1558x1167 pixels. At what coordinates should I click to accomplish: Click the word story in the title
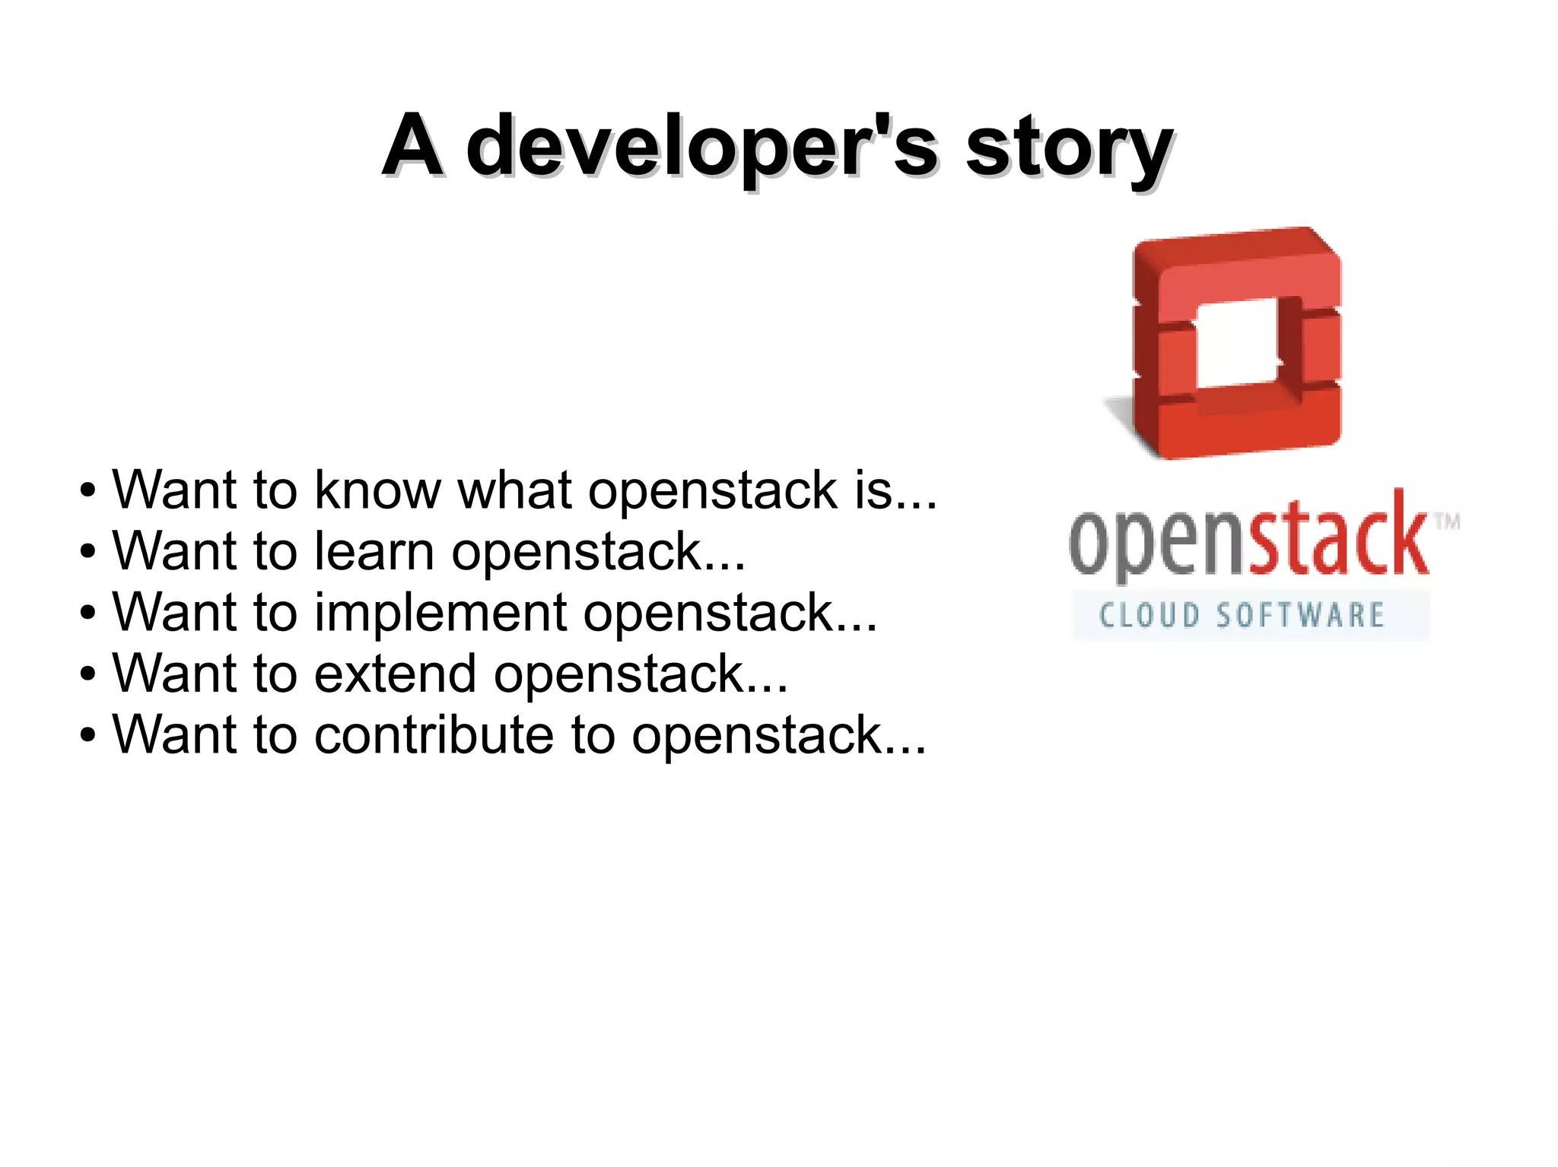tap(1069, 146)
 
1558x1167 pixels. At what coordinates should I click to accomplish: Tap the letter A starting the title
tap(412, 144)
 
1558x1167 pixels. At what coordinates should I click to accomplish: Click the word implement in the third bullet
tap(440, 612)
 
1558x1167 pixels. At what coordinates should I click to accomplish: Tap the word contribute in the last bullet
tap(434, 734)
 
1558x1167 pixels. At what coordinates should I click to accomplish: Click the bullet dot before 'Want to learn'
tap(88, 553)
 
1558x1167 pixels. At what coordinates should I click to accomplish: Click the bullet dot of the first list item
tap(88, 492)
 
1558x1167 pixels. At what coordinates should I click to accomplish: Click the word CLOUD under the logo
tap(1149, 615)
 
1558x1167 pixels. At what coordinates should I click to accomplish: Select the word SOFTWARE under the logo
tap(1299, 615)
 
